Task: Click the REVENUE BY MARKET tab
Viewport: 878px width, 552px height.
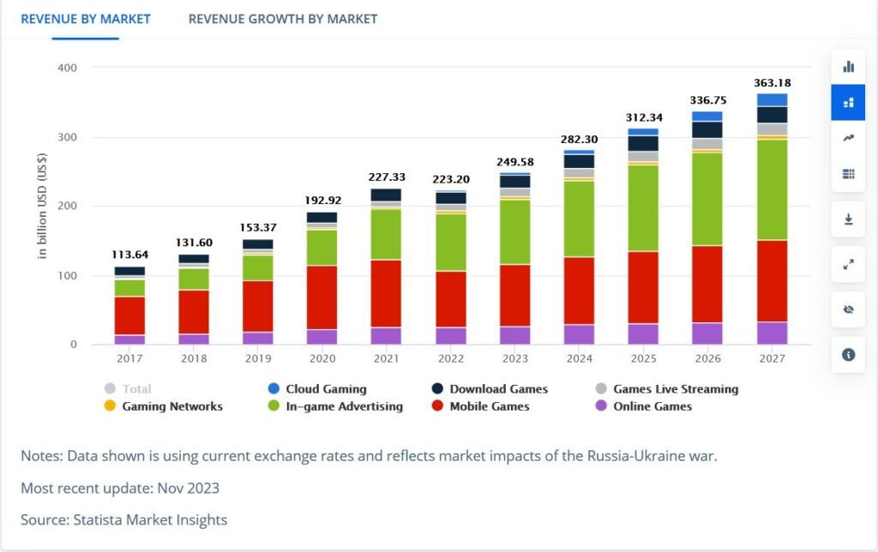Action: pyautogui.click(x=85, y=19)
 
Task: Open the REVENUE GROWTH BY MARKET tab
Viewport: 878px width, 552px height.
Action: pyautogui.click(x=282, y=19)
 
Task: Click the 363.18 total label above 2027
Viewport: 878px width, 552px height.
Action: pyautogui.click(x=772, y=83)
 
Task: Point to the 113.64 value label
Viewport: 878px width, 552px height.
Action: pyautogui.click(x=130, y=254)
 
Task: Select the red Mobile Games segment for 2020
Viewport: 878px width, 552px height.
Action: pyautogui.click(x=322, y=297)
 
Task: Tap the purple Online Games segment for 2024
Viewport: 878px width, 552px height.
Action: pyautogui.click(x=579, y=334)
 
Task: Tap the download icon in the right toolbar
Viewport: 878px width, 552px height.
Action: pyautogui.click(x=848, y=219)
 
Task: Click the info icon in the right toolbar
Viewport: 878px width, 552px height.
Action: pyautogui.click(x=848, y=354)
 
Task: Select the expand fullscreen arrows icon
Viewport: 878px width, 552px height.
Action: pyautogui.click(x=848, y=265)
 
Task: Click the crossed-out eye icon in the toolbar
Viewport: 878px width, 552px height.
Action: pyautogui.click(x=848, y=309)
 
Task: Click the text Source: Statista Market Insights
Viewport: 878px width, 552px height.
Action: pyautogui.click(x=123, y=519)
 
